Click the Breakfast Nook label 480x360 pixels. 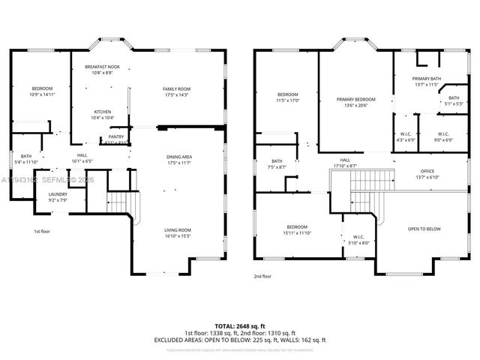[102, 67]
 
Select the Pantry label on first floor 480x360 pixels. [116, 136]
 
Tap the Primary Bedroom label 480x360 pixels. [355, 99]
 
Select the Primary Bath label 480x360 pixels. [426, 79]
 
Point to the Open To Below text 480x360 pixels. [424, 229]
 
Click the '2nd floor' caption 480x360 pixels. [263, 276]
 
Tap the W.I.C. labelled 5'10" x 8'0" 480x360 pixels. [359, 238]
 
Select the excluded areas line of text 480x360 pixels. [240, 339]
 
